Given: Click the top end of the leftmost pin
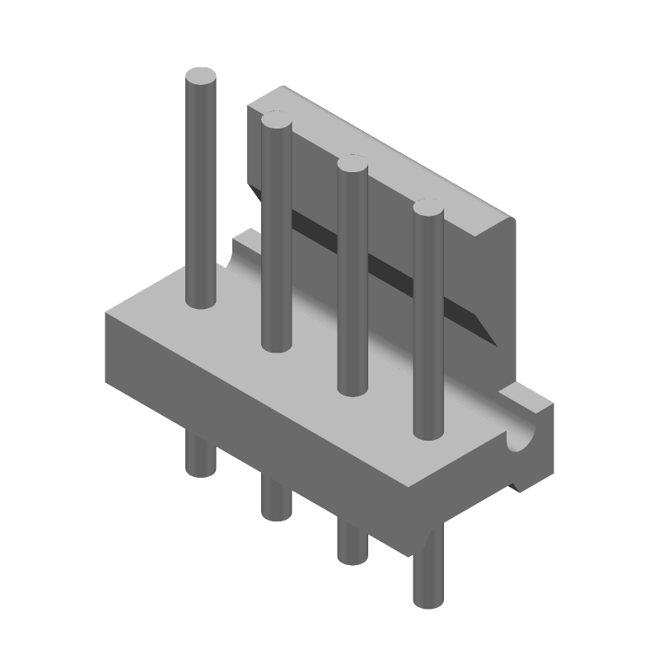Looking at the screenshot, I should pyautogui.click(x=201, y=79).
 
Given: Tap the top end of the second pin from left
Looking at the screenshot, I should pyautogui.click(x=276, y=123).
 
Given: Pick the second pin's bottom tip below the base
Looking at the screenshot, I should pyautogui.click(x=274, y=512).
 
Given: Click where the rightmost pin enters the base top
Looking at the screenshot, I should pyautogui.click(x=428, y=432).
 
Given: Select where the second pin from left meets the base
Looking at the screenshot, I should pyautogui.click(x=276, y=344).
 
